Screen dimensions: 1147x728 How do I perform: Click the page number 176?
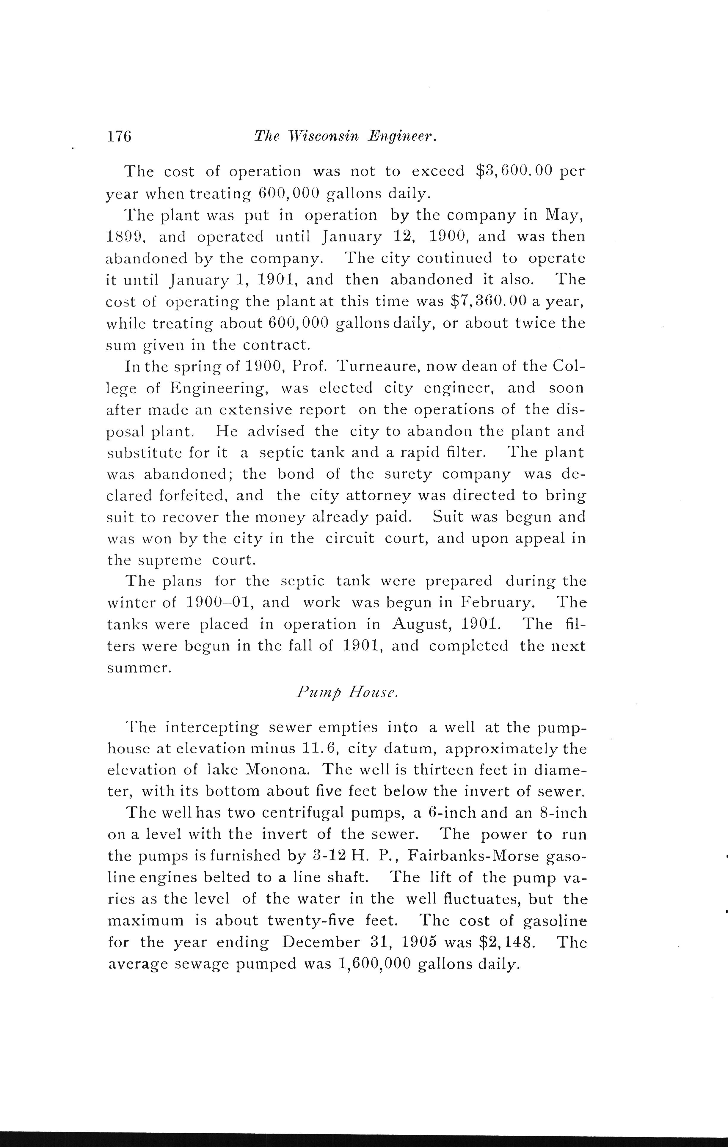click(119, 137)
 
